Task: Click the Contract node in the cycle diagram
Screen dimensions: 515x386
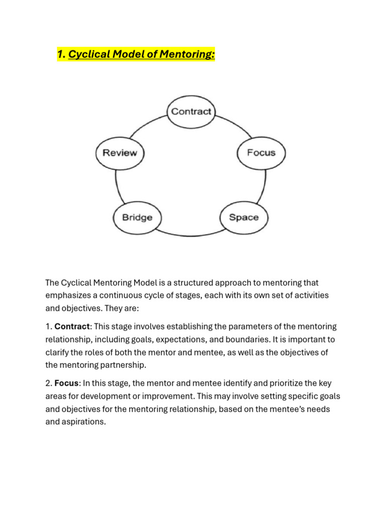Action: click(x=191, y=112)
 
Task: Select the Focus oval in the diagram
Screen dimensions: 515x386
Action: click(x=261, y=152)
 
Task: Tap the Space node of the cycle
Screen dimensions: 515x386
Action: click(x=244, y=217)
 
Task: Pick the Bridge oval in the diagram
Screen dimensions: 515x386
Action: click(x=137, y=217)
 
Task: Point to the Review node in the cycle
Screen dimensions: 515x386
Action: click(x=120, y=152)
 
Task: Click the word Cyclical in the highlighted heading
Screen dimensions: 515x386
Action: click(x=89, y=54)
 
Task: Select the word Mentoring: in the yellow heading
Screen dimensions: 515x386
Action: click(x=186, y=54)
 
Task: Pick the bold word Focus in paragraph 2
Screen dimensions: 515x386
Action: click(x=66, y=383)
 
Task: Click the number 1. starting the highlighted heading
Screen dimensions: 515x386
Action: click(x=61, y=54)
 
